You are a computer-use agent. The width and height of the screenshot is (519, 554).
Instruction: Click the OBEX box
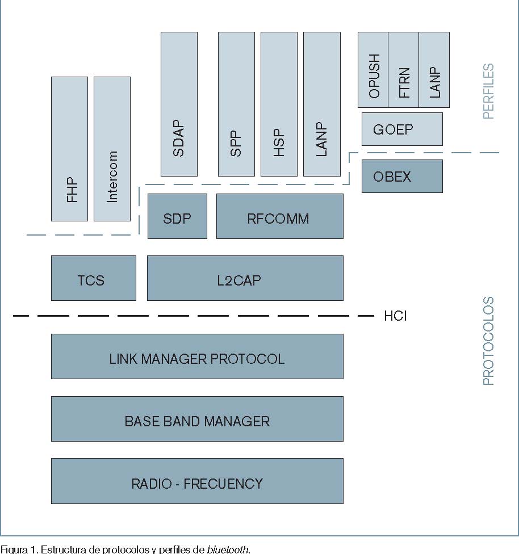(x=402, y=176)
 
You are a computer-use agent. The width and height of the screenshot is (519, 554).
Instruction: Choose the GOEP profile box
(x=402, y=129)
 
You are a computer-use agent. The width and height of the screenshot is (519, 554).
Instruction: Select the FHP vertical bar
(x=69, y=149)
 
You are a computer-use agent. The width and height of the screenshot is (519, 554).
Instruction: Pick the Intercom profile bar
(x=112, y=149)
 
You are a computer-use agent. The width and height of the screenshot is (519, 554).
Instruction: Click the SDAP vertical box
(x=179, y=104)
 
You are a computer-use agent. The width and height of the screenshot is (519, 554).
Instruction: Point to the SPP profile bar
(x=236, y=104)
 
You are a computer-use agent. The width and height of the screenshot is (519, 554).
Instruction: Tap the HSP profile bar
(x=279, y=104)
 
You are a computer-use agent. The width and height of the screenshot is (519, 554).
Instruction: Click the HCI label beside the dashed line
(x=395, y=316)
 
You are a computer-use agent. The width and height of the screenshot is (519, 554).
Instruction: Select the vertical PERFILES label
(x=488, y=91)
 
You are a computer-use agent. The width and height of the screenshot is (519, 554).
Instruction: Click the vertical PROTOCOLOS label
(x=488, y=341)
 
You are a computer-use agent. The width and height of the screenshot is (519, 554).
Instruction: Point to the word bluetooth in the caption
(x=227, y=549)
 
